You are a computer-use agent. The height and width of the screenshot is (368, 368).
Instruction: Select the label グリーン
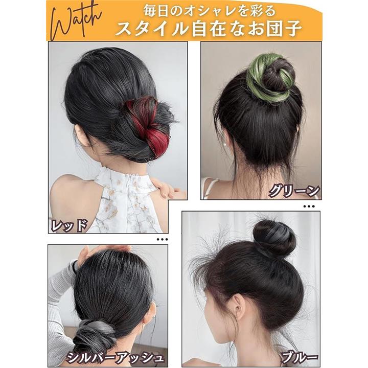tap(294, 191)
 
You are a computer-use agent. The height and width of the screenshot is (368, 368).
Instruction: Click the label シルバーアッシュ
tap(114, 357)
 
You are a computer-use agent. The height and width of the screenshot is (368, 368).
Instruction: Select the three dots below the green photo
tap(309, 206)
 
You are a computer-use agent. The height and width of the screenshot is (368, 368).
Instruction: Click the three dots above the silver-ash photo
tap(163, 239)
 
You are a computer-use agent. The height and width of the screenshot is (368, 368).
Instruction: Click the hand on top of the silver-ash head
tap(103, 252)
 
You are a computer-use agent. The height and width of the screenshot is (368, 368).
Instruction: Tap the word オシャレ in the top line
tap(202, 11)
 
